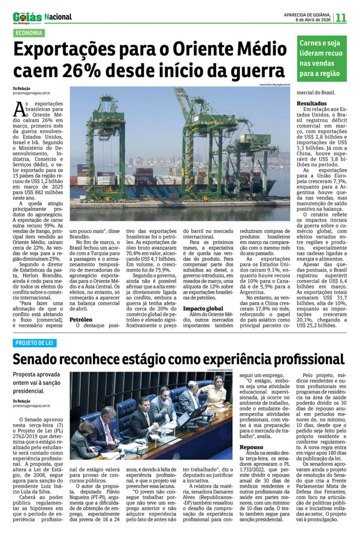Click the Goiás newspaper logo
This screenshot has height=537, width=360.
27,17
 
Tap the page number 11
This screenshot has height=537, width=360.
341,17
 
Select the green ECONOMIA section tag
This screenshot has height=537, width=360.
29,33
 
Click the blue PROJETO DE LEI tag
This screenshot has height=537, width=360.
35,343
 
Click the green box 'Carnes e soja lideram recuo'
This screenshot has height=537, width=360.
322,58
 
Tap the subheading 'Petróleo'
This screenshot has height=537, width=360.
81,318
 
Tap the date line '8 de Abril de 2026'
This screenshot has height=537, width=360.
313,20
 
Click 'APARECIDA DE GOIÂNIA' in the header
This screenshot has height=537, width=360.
308,14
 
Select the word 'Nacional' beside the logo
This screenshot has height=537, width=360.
58,17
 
